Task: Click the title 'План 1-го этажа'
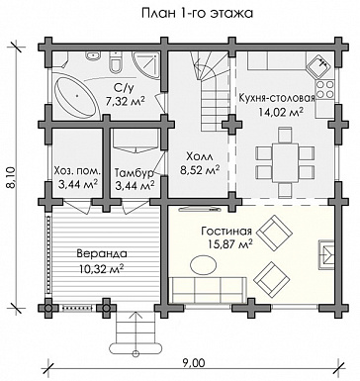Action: (x=197, y=14)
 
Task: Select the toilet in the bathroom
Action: (x=116, y=62)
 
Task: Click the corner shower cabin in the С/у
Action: (x=147, y=64)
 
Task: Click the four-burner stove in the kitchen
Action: (x=325, y=90)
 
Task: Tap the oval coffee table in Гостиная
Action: (x=204, y=264)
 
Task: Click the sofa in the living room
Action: (x=208, y=290)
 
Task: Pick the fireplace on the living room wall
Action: (x=326, y=255)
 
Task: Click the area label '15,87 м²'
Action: (x=230, y=243)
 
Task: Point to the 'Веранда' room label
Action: (x=102, y=253)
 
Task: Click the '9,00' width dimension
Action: (x=194, y=363)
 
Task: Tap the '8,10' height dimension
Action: (x=11, y=177)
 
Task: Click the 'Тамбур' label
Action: (x=134, y=173)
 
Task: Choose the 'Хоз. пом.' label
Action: (x=78, y=171)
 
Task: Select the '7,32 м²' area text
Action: (x=126, y=100)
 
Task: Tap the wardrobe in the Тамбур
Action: (x=135, y=142)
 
